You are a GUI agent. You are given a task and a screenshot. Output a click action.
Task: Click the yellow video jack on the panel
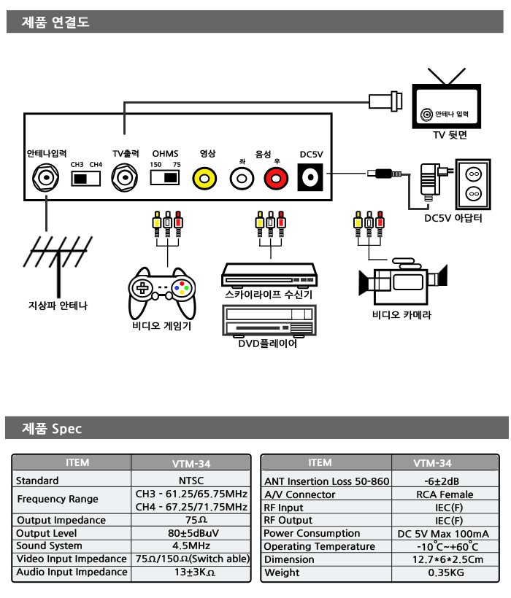tap(205, 177)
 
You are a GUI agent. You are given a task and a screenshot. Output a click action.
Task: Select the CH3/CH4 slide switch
tap(86, 178)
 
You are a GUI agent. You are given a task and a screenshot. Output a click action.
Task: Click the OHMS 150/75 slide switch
tap(166, 178)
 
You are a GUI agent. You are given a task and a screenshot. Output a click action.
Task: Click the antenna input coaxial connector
tap(46, 177)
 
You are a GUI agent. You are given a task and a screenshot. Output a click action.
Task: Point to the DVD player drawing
tap(268, 320)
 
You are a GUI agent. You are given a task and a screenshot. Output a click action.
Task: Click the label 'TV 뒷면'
tap(450, 135)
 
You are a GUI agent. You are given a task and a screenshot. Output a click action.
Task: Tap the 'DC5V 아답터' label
tap(453, 217)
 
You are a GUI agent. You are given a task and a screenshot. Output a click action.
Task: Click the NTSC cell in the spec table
tap(191, 481)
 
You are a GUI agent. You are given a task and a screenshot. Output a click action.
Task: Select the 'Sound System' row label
tap(50, 545)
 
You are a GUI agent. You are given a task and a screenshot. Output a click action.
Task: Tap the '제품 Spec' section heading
tap(53, 428)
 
